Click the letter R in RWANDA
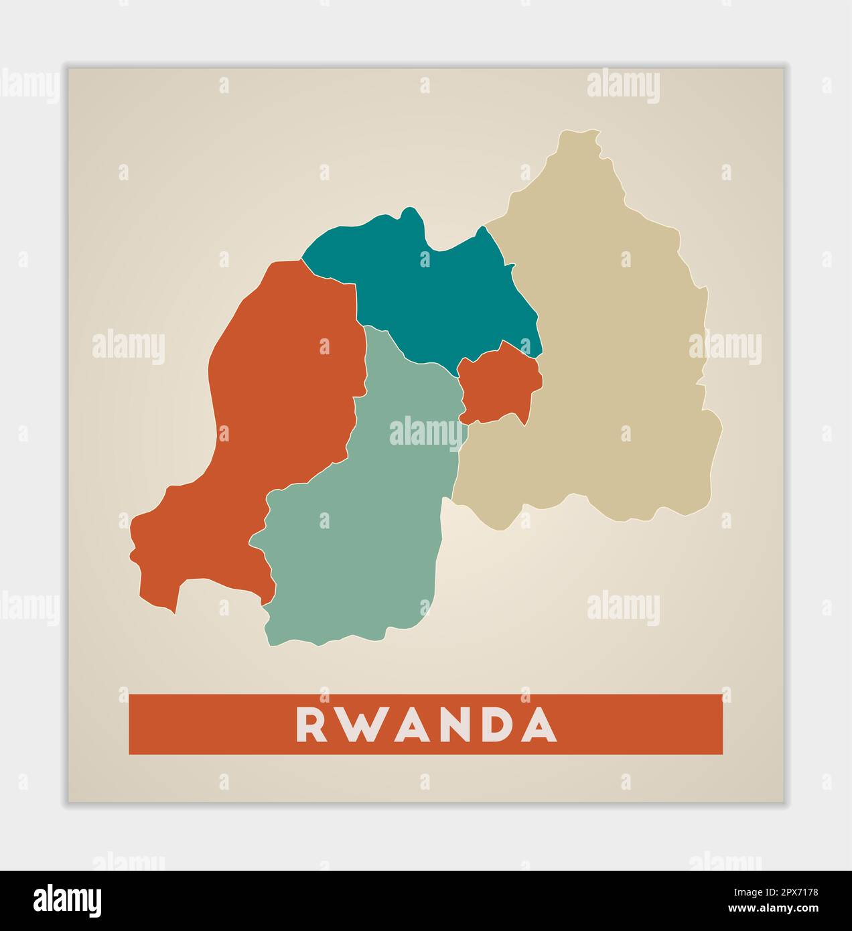pyautogui.click(x=311, y=725)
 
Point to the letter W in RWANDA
pyautogui.click(x=354, y=725)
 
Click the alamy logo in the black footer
pyautogui.click(x=67, y=900)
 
